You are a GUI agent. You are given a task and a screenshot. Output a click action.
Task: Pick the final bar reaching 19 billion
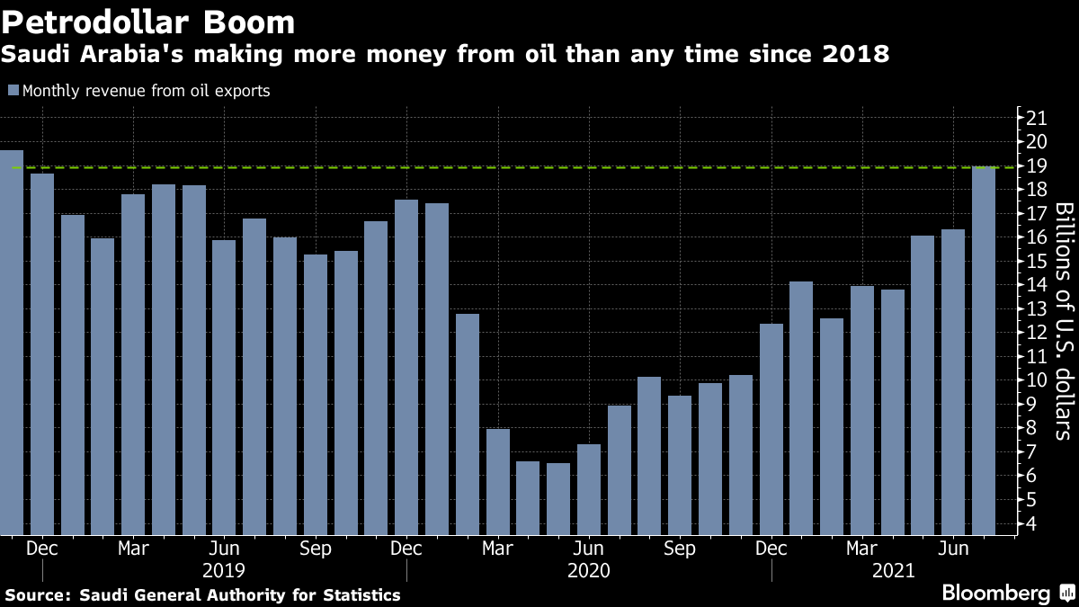[984, 351]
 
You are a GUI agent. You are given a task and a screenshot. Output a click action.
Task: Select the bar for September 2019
[316, 395]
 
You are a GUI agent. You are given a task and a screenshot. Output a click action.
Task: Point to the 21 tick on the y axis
[1036, 118]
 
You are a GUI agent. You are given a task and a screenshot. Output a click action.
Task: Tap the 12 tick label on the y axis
[1036, 333]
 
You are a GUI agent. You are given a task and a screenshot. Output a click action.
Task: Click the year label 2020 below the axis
[589, 570]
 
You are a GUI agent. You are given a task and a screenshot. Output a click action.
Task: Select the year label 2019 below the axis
[224, 570]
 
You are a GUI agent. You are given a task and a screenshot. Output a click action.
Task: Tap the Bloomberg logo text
[995, 594]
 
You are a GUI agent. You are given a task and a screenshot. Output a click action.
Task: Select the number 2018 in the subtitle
[856, 55]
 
